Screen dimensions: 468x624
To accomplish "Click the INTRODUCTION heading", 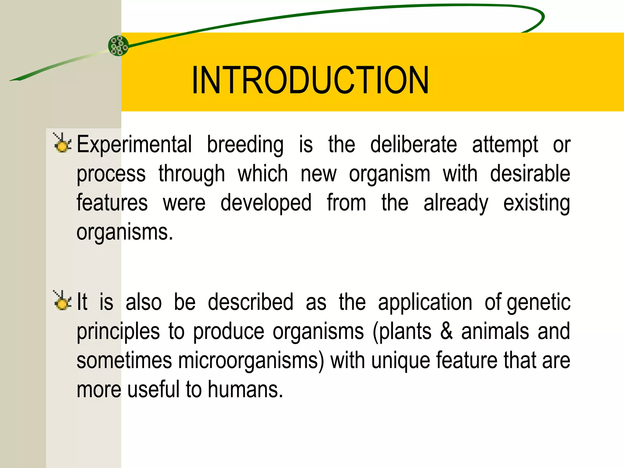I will (310, 80).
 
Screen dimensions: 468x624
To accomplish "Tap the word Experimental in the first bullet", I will (134, 144).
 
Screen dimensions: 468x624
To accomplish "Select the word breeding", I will (245, 144).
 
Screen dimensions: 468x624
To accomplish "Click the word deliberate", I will (413, 144).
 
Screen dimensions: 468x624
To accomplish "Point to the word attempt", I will (505, 144).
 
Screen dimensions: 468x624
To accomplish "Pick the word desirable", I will (530, 174).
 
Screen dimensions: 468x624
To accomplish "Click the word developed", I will (266, 203).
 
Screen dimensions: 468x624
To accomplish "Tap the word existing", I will (536, 203).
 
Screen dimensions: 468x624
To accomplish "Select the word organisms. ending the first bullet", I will (125, 232).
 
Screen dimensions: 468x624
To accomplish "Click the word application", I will (425, 302).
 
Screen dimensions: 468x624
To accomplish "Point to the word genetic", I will (539, 302).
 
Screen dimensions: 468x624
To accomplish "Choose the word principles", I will (118, 331).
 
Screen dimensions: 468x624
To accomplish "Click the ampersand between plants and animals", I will (446, 331).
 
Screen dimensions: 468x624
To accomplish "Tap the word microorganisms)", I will (251, 360).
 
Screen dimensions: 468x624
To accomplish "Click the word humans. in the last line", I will (246, 390).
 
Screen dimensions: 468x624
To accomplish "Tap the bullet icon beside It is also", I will (62, 301).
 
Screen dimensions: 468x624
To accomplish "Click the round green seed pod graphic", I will (118, 46).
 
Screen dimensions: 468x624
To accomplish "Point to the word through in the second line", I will (192, 174).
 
